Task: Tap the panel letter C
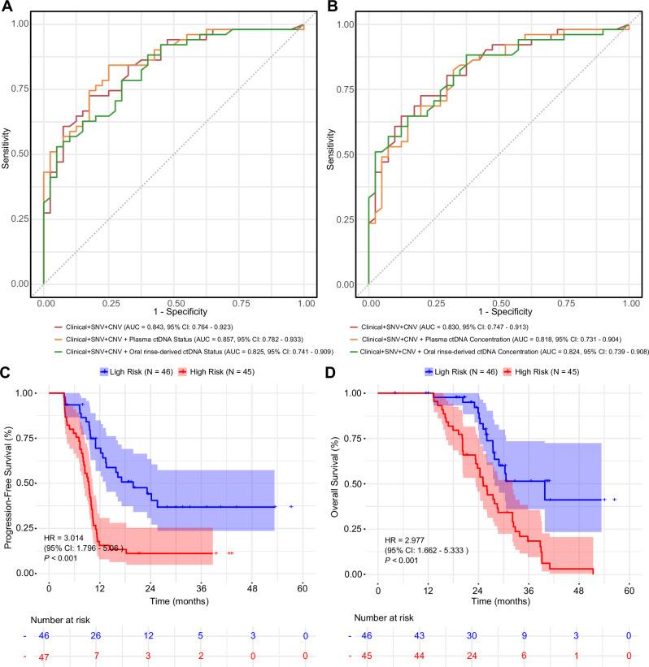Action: coord(7,373)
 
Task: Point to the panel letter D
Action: coord(333,373)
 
